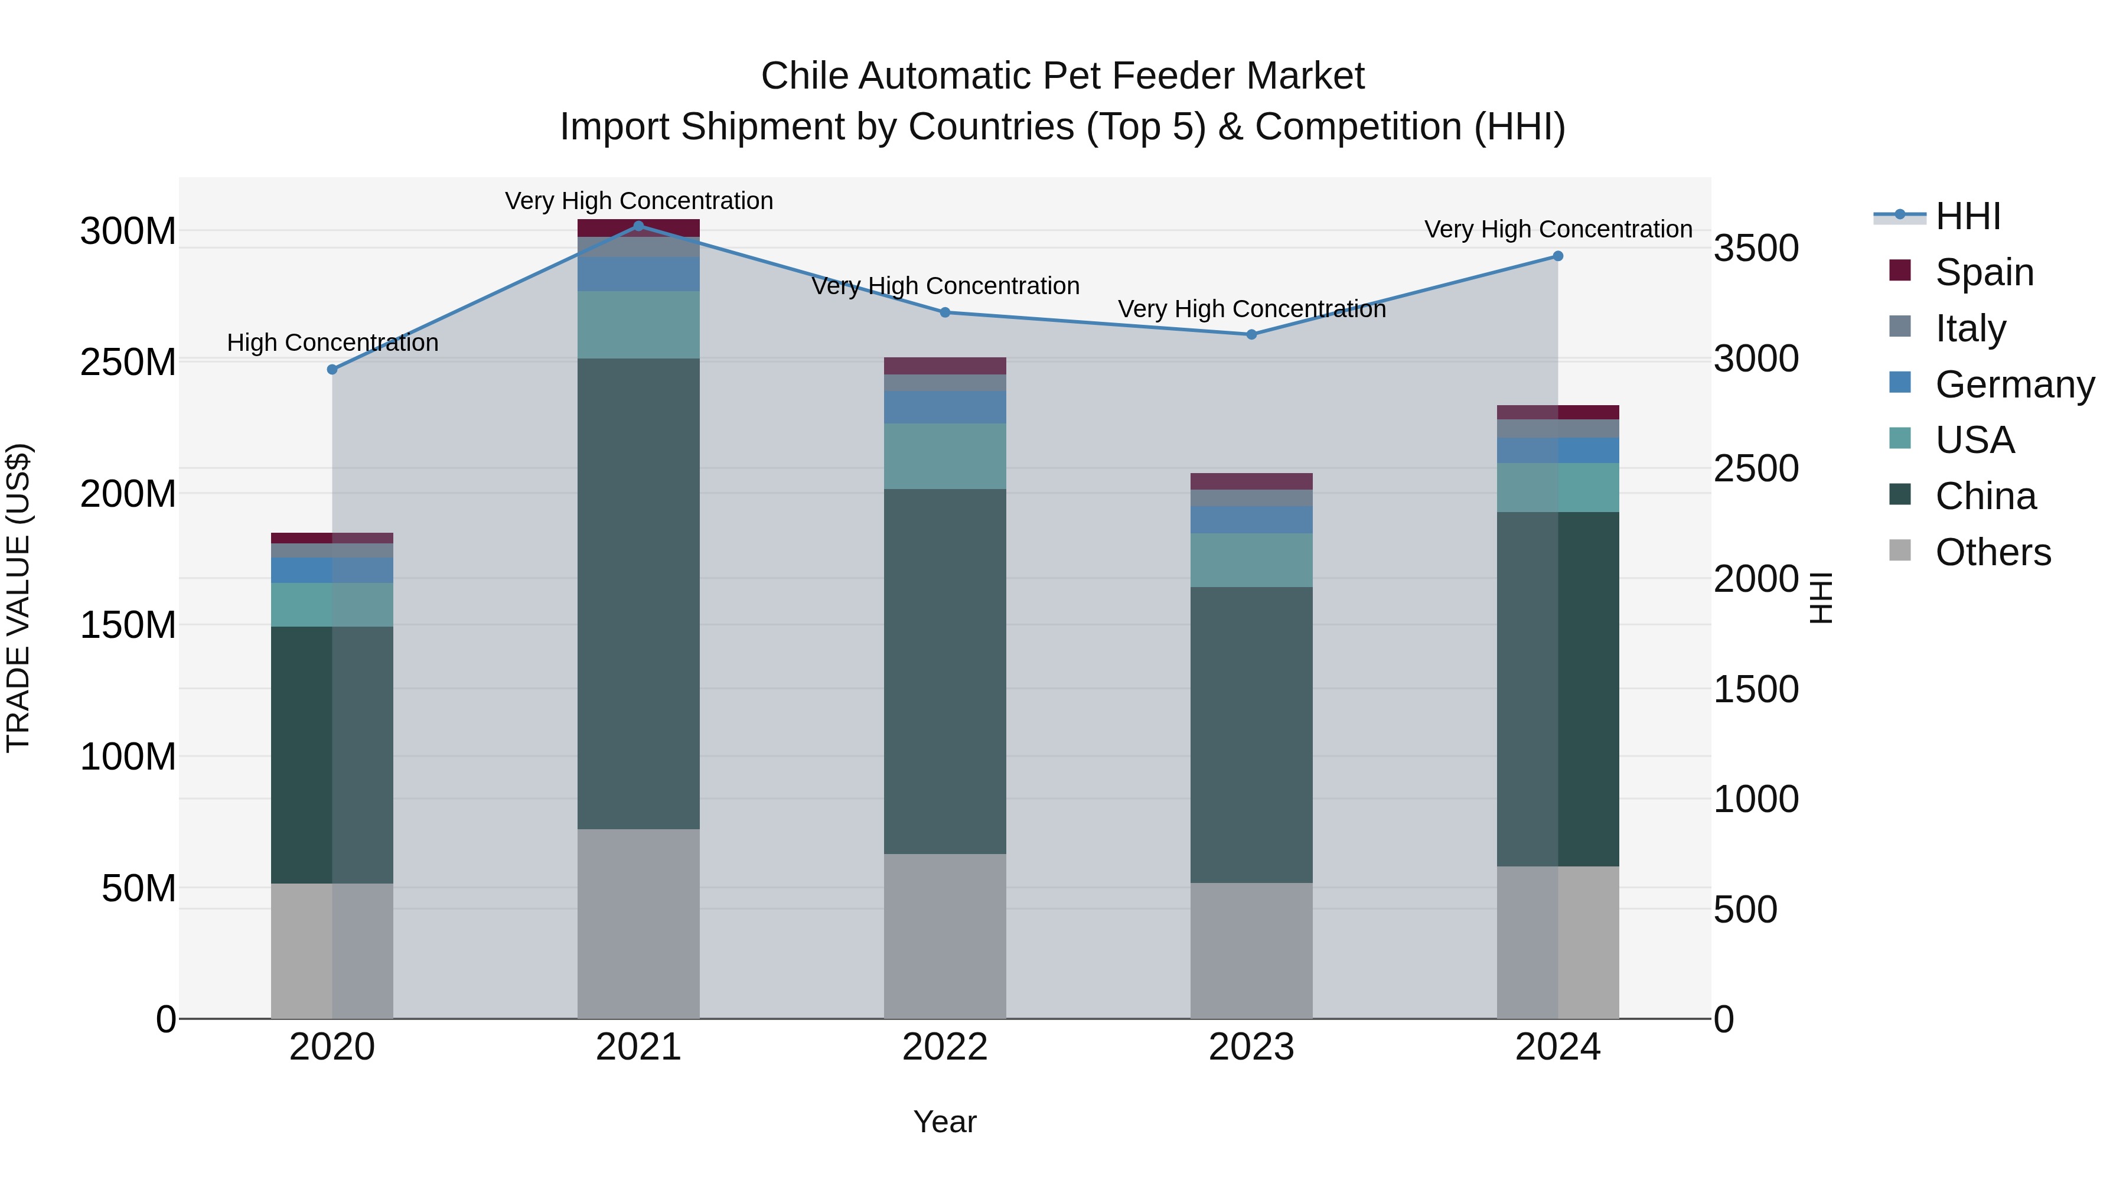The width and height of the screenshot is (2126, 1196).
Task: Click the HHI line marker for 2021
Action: [x=638, y=226]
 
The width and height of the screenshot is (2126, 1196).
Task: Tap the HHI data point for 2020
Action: [x=332, y=370]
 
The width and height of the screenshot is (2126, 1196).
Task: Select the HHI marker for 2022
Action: [x=945, y=312]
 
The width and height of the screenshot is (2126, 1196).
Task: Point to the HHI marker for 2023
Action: [x=1251, y=334]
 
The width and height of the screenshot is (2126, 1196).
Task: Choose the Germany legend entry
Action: [x=2014, y=384]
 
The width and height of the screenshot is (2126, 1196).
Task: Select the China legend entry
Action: [x=1985, y=496]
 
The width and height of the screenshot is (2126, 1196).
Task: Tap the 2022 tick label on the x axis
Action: [x=945, y=1047]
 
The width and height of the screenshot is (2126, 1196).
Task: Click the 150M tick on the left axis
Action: [x=128, y=625]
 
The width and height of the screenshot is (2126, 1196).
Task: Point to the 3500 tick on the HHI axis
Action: [x=1756, y=249]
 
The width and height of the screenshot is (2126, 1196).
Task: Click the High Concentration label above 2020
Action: [x=332, y=343]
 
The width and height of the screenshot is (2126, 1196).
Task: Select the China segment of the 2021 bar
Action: [x=638, y=594]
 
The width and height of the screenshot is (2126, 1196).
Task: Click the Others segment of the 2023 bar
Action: [x=1251, y=950]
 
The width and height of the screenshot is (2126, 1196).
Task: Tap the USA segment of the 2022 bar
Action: [x=945, y=457]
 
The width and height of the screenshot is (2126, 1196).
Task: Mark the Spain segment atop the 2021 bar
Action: [x=638, y=228]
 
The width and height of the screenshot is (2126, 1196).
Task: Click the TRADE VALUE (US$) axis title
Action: [x=19, y=598]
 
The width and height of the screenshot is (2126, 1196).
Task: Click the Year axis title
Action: [x=945, y=1122]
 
